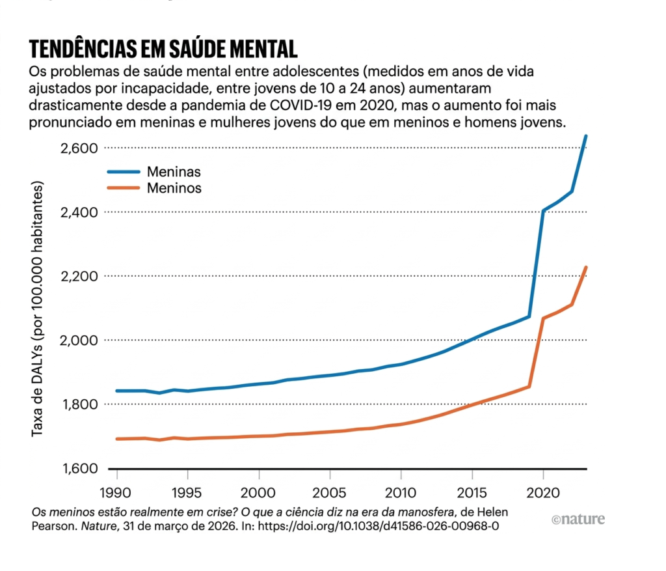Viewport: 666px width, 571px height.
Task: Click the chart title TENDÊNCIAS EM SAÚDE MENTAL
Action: coord(163,49)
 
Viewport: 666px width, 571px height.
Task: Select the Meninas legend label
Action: coord(173,173)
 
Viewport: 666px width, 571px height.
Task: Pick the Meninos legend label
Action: coord(174,189)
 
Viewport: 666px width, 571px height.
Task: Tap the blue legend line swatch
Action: coord(123,173)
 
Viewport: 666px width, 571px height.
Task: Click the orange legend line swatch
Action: coord(123,189)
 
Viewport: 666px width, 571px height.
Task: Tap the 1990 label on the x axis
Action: coord(116,490)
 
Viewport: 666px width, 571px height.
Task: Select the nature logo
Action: coord(578,519)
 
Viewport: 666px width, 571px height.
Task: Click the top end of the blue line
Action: coord(587,135)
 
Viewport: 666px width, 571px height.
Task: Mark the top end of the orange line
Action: coord(587,267)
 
